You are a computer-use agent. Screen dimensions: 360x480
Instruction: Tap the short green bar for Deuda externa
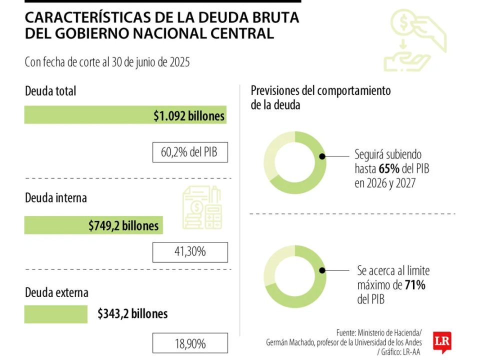pos(55,314)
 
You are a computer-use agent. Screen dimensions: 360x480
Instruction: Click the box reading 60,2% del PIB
pos(189,152)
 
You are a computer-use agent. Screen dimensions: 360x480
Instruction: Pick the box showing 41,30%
pos(189,252)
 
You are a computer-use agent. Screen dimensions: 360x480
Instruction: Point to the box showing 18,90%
pos(189,344)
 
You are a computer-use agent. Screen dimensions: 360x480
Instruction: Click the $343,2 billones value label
pos(132,314)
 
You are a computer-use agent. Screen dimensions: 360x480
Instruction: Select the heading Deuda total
pos(50,91)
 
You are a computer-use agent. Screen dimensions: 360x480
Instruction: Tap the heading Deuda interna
pos(56,197)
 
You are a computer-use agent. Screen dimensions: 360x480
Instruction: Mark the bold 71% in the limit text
pos(415,285)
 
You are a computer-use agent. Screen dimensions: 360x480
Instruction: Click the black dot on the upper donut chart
pos(322,156)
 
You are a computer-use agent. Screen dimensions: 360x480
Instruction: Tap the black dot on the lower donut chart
pos(322,270)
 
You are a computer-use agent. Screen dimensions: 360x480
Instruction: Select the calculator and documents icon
pos(202,207)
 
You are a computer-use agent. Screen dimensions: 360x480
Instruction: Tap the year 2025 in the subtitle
pos(178,62)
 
